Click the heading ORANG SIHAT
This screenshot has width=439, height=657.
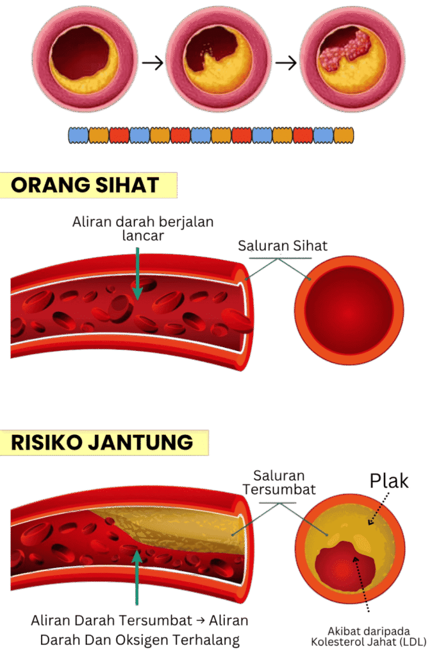(85, 185)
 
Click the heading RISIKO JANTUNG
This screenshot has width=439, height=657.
(102, 443)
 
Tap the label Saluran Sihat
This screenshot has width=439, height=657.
(283, 246)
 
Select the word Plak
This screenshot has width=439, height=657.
(389, 481)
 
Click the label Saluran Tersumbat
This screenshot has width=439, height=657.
(279, 482)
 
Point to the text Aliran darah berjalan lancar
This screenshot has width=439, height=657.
(143, 228)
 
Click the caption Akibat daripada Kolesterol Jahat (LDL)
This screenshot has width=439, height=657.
(369, 636)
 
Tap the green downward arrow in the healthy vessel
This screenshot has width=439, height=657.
(137, 273)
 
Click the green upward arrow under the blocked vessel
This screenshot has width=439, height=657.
(137, 577)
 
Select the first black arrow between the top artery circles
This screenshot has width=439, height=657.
(153, 64)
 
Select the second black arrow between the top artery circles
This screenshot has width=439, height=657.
(286, 64)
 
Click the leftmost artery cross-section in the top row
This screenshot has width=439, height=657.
(85, 60)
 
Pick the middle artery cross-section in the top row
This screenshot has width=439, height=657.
(219, 60)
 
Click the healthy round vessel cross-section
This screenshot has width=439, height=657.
(349, 311)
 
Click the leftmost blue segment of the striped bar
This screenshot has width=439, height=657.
(79, 135)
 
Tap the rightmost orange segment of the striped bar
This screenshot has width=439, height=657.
(344, 135)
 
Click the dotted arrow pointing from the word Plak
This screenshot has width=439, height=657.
(379, 508)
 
